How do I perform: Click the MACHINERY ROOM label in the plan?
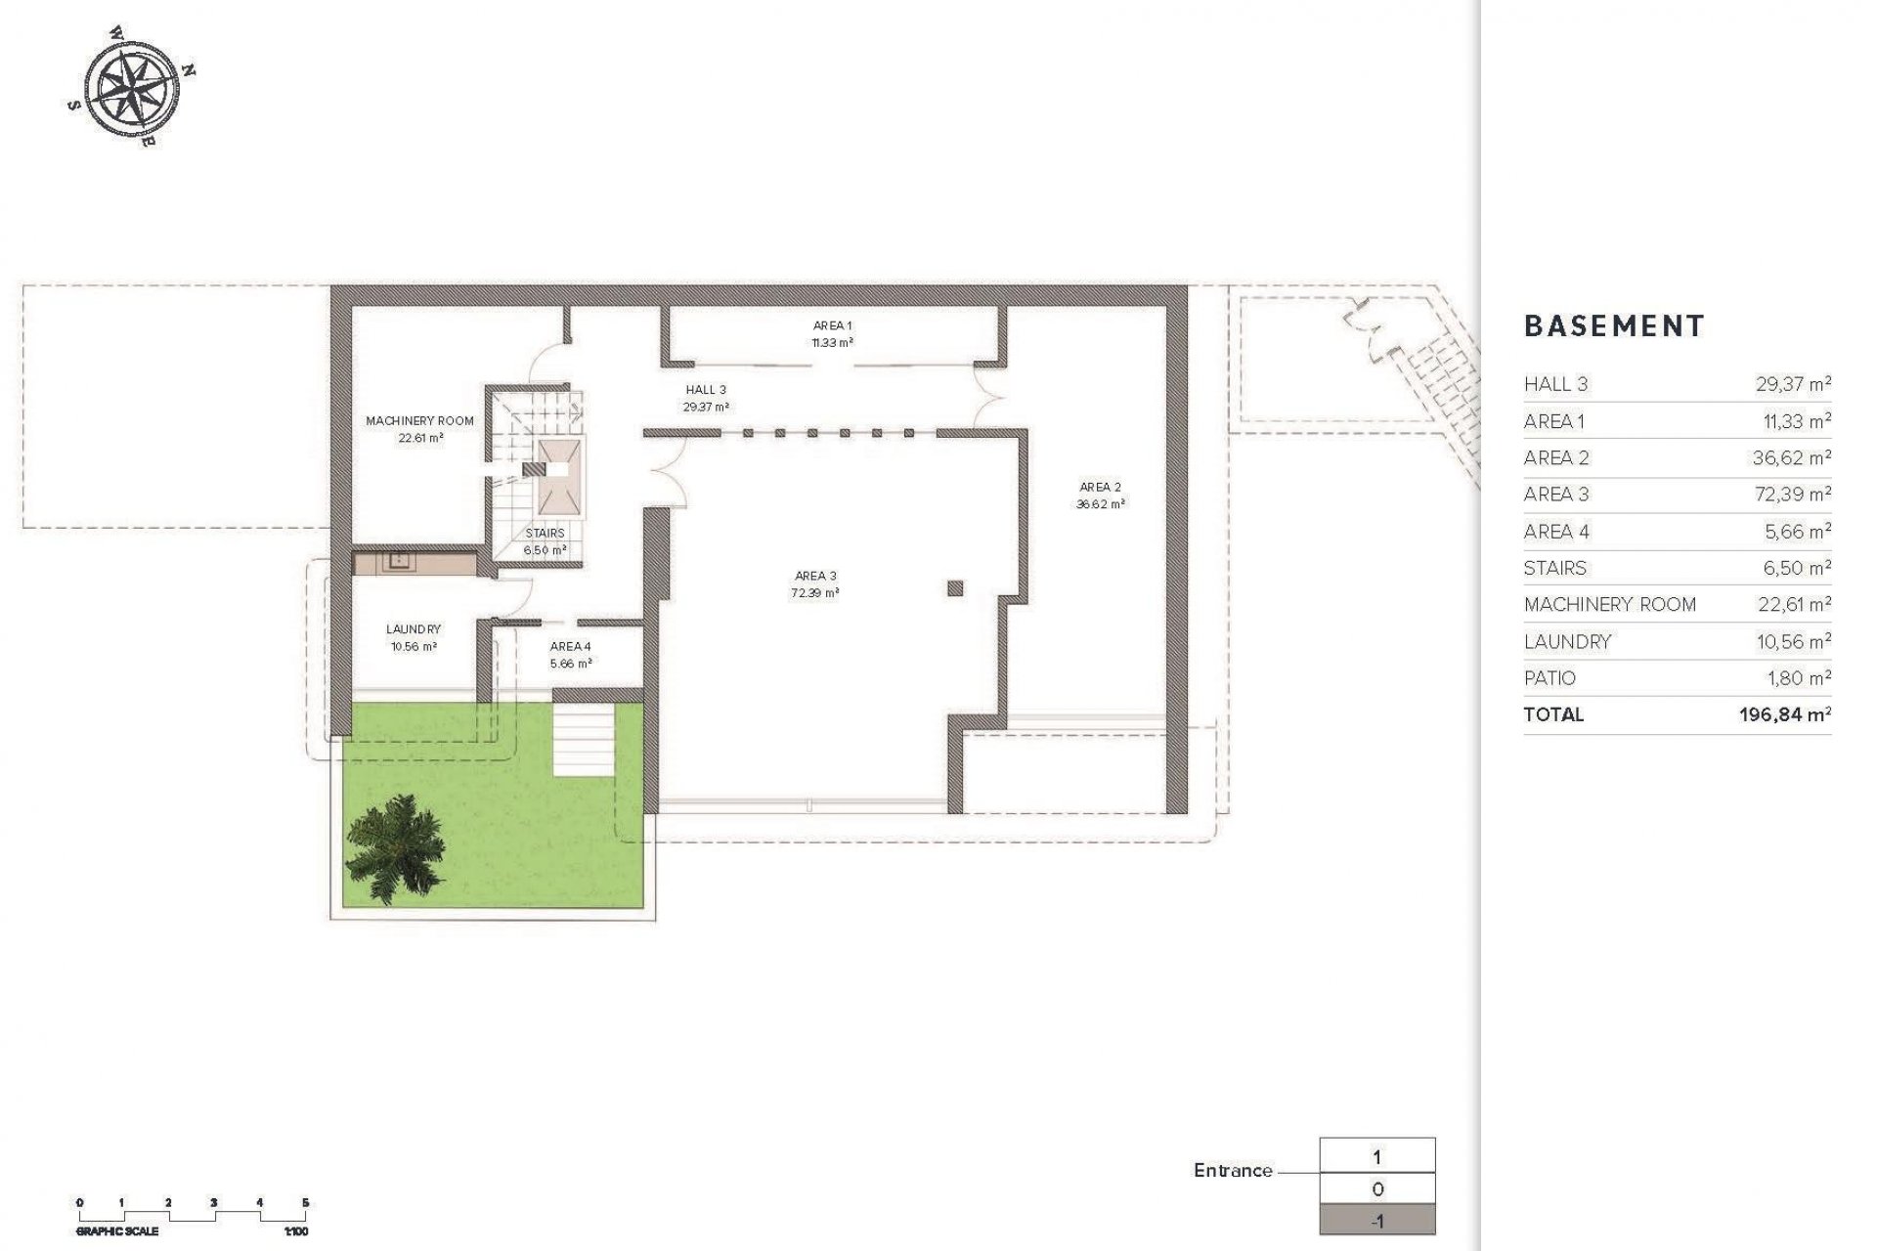[419, 421]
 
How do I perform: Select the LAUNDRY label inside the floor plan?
[413, 629]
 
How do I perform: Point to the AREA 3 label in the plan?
[814, 576]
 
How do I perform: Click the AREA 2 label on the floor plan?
[1100, 487]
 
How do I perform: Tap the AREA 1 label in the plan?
[832, 325]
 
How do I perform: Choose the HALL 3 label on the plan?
[706, 390]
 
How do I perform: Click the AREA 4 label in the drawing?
[570, 646]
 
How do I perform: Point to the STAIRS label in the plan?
[545, 534]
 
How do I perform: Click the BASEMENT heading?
[1614, 326]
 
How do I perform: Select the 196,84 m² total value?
[1784, 714]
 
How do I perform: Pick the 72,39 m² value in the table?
[1792, 495]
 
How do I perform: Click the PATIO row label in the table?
[1550, 677]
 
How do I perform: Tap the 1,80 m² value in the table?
[1797, 677]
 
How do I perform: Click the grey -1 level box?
[1376, 1222]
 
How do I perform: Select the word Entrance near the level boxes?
[1233, 1171]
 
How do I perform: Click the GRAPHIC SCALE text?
[117, 1231]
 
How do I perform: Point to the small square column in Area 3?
[955, 587]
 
